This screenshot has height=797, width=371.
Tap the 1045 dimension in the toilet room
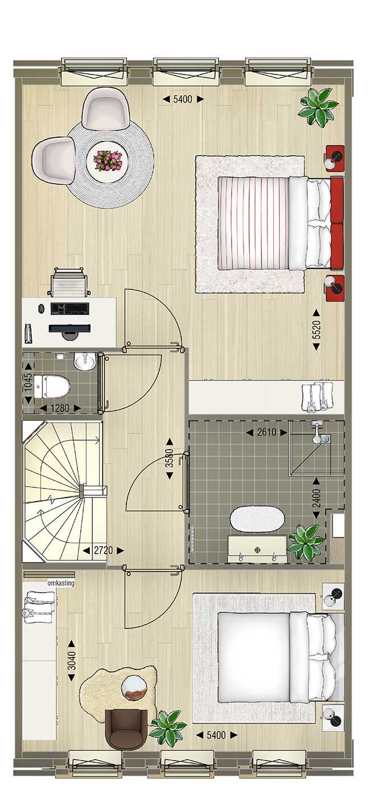click(28, 383)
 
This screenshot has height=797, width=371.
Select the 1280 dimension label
click(60, 408)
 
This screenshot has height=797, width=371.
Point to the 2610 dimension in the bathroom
click(266, 432)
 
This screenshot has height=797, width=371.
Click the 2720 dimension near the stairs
click(103, 550)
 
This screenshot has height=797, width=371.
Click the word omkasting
click(61, 583)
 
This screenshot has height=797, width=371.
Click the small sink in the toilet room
click(85, 361)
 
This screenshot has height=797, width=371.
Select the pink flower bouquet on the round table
click(108, 161)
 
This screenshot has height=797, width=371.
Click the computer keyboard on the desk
click(69, 309)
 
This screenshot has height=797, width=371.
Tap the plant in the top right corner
click(318, 107)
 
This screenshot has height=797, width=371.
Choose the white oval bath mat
click(257, 519)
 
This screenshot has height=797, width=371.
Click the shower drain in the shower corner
click(326, 439)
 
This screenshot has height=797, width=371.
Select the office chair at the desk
click(68, 282)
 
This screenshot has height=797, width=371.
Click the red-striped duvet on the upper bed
click(253, 223)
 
